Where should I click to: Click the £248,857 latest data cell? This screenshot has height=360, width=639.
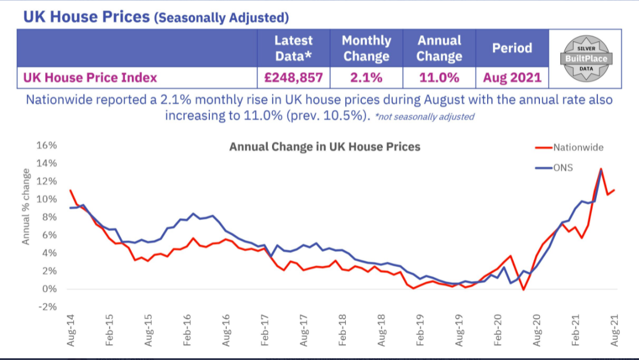point(294,77)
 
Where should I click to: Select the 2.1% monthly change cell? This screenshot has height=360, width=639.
point(366,77)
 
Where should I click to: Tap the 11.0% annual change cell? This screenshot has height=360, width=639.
point(440,77)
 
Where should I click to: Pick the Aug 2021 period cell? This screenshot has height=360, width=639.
point(512,77)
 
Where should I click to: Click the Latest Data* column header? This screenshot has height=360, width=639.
point(294,48)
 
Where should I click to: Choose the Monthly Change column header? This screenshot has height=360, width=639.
point(366,48)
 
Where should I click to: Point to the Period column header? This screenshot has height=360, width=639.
point(512,48)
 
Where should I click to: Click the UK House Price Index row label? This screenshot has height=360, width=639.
point(90,77)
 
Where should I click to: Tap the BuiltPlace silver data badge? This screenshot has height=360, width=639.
point(586,59)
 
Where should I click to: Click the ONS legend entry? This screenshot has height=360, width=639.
point(563,168)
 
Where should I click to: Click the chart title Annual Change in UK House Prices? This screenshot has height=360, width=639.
point(324,147)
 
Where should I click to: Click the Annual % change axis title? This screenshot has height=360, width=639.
point(26,206)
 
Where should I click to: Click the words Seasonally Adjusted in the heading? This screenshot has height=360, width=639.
point(221,18)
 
